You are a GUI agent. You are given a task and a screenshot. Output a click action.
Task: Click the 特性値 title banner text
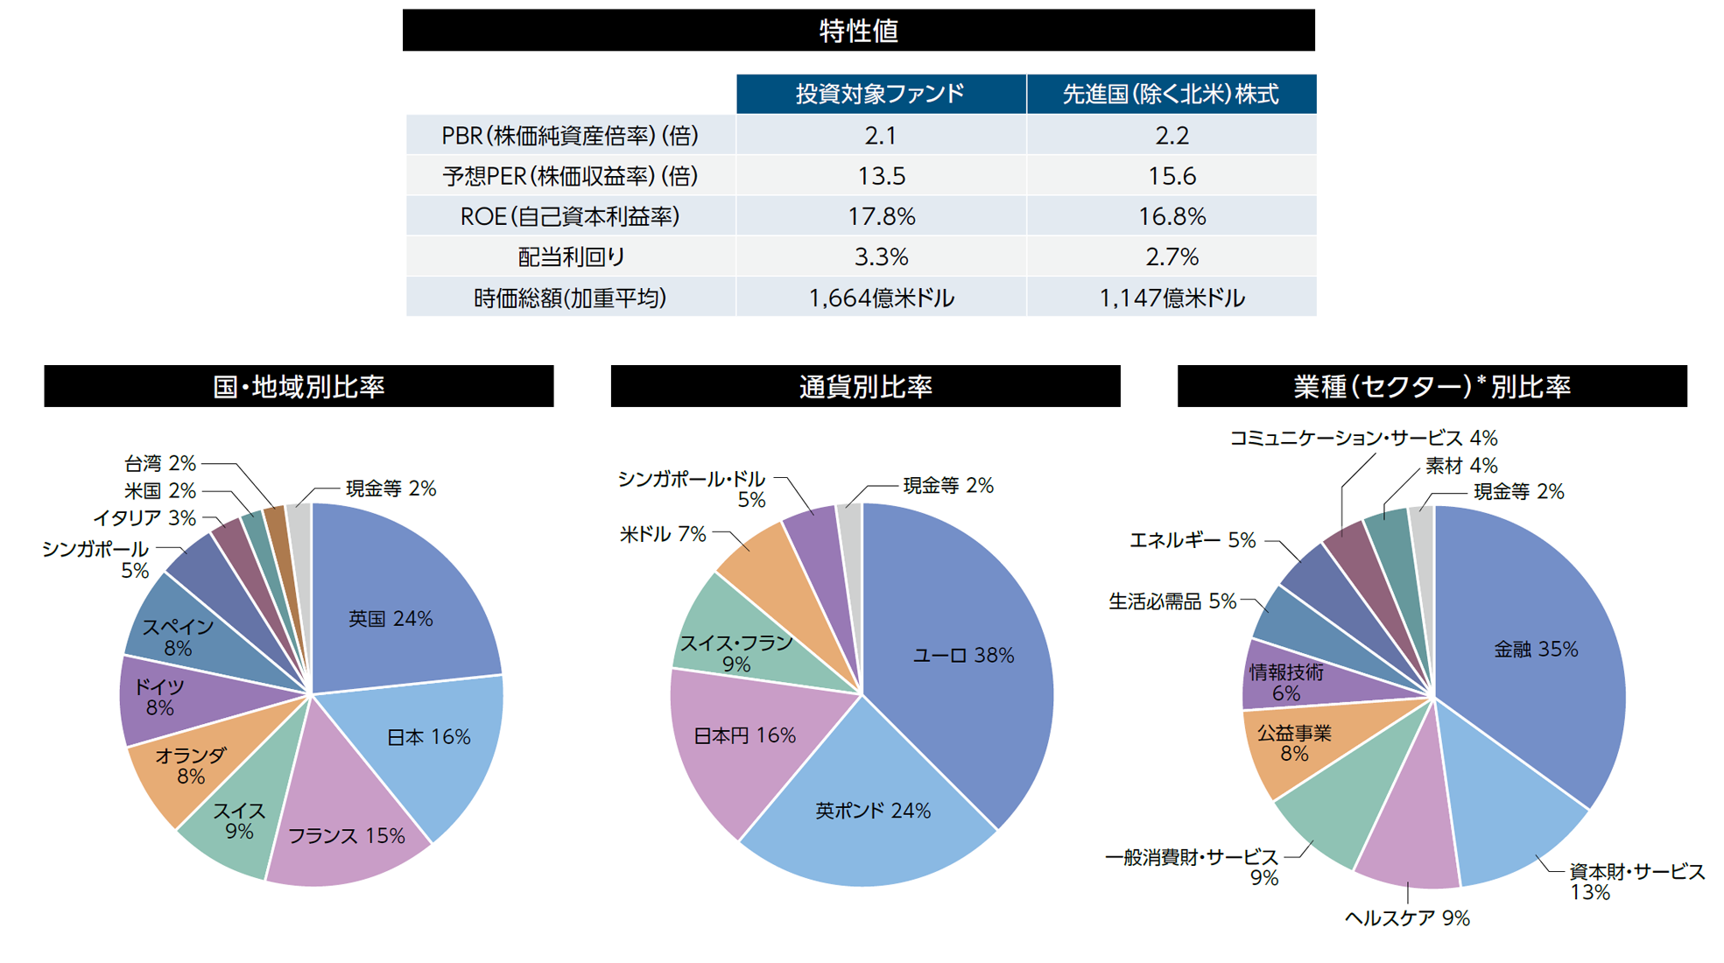pos(858,31)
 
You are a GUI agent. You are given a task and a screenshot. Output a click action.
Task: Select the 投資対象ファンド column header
pos(880,95)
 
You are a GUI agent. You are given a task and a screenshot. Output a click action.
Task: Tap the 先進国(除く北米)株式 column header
pos(1171,95)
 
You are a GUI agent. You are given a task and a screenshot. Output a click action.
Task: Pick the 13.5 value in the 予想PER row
pos(881,176)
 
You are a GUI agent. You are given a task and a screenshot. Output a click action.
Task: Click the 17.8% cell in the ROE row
pos(881,216)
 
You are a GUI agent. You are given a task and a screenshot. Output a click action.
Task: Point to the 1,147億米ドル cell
pos(1172,299)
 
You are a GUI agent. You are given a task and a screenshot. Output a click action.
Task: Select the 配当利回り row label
pos(571,257)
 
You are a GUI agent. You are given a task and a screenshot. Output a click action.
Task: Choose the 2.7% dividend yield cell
pos(1172,257)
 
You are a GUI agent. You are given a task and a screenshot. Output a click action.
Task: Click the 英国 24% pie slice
pos(391,619)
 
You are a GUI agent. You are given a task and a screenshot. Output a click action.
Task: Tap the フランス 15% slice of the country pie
pos(347,836)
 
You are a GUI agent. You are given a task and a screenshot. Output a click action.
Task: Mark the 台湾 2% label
pos(160,463)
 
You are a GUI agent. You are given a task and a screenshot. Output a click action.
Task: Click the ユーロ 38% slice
pos(963,655)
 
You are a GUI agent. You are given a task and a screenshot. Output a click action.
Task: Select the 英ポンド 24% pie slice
pos(872,811)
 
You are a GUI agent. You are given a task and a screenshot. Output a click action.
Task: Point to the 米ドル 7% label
pos(662,534)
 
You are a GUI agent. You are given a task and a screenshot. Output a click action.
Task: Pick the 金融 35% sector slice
pos(1535,650)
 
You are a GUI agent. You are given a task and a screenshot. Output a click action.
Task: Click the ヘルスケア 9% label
pos(1406,917)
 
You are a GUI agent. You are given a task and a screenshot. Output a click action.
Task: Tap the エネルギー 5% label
pos(1193,540)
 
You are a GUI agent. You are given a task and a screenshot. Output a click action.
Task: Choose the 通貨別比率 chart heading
pos(865,386)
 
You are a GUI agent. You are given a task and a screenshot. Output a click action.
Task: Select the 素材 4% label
pos(1460,466)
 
